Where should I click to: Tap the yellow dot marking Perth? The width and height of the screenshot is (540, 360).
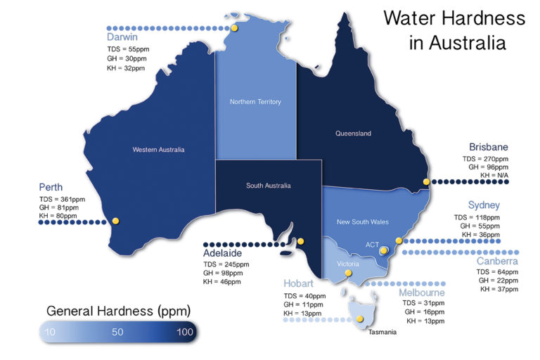click(115, 221)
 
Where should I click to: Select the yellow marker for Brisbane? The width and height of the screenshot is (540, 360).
click(426, 181)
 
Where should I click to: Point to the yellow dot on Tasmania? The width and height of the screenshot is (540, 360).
click(359, 319)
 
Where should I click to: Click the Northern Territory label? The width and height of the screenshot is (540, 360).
click(255, 102)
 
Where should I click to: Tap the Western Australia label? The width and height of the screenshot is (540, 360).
click(158, 149)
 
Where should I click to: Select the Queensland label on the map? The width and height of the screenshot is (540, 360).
click(353, 133)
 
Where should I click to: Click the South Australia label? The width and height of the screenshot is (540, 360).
click(268, 186)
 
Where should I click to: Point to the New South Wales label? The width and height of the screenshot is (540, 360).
click(362, 221)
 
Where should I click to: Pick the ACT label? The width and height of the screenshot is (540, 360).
click(373, 244)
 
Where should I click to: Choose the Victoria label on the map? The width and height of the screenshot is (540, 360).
click(349, 264)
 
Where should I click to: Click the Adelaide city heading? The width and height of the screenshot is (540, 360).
click(223, 252)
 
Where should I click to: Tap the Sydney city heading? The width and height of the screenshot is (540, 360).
click(484, 205)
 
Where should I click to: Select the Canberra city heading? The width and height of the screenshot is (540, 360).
click(497, 262)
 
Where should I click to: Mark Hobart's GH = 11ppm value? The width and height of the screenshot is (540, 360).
click(304, 304)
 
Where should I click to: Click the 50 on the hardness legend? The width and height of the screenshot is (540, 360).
click(117, 331)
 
